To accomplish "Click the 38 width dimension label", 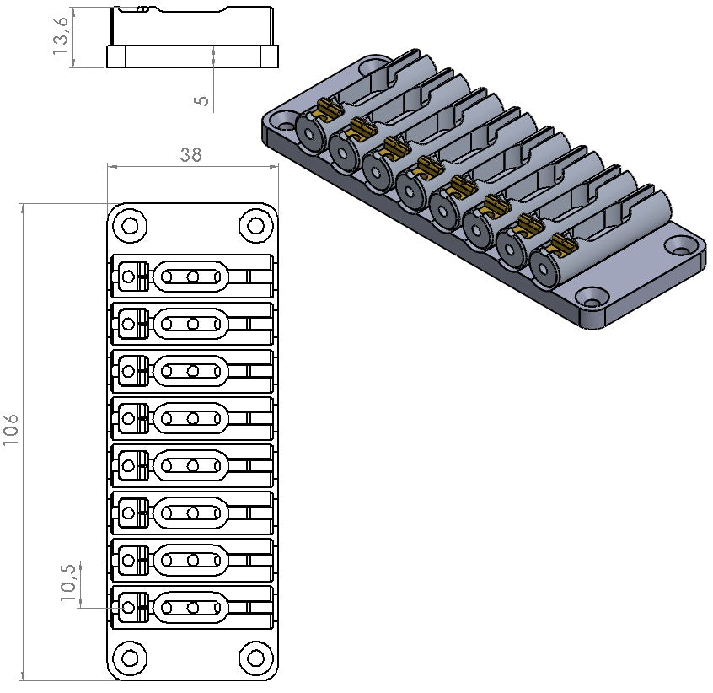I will pos(192,154).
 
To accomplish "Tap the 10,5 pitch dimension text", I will pos(70,583).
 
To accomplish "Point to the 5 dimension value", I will pos(201,99).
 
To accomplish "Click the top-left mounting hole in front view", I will pos(130,225).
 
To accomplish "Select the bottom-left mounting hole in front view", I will pos(130,658).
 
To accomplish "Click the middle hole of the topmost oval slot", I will pos(193,276).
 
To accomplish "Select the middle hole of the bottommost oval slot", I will pos(193,606).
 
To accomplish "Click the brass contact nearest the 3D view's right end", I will pos(560,247).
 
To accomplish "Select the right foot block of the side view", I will pos(268,56).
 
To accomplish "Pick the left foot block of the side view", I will pos(116,56).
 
